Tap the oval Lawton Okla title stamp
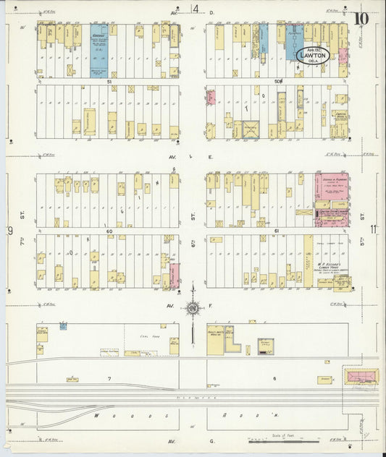(313, 55)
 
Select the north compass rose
(193, 309)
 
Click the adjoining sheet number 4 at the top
(196, 9)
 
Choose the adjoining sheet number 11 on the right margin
(372, 230)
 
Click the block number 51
(109, 82)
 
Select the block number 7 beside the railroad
(109, 379)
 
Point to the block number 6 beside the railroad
(274, 379)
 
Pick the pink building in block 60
(175, 276)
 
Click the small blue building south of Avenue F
(63, 326)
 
